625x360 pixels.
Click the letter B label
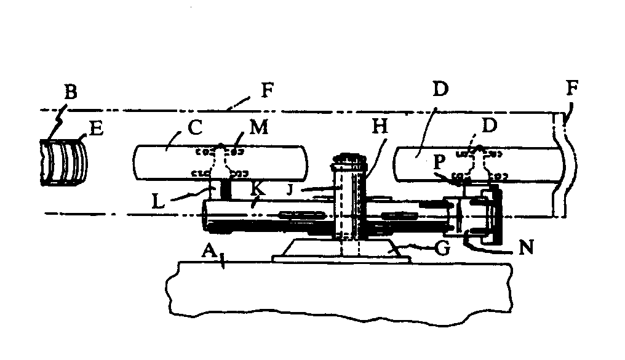[71, 94]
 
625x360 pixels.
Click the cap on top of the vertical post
[348, 162]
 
